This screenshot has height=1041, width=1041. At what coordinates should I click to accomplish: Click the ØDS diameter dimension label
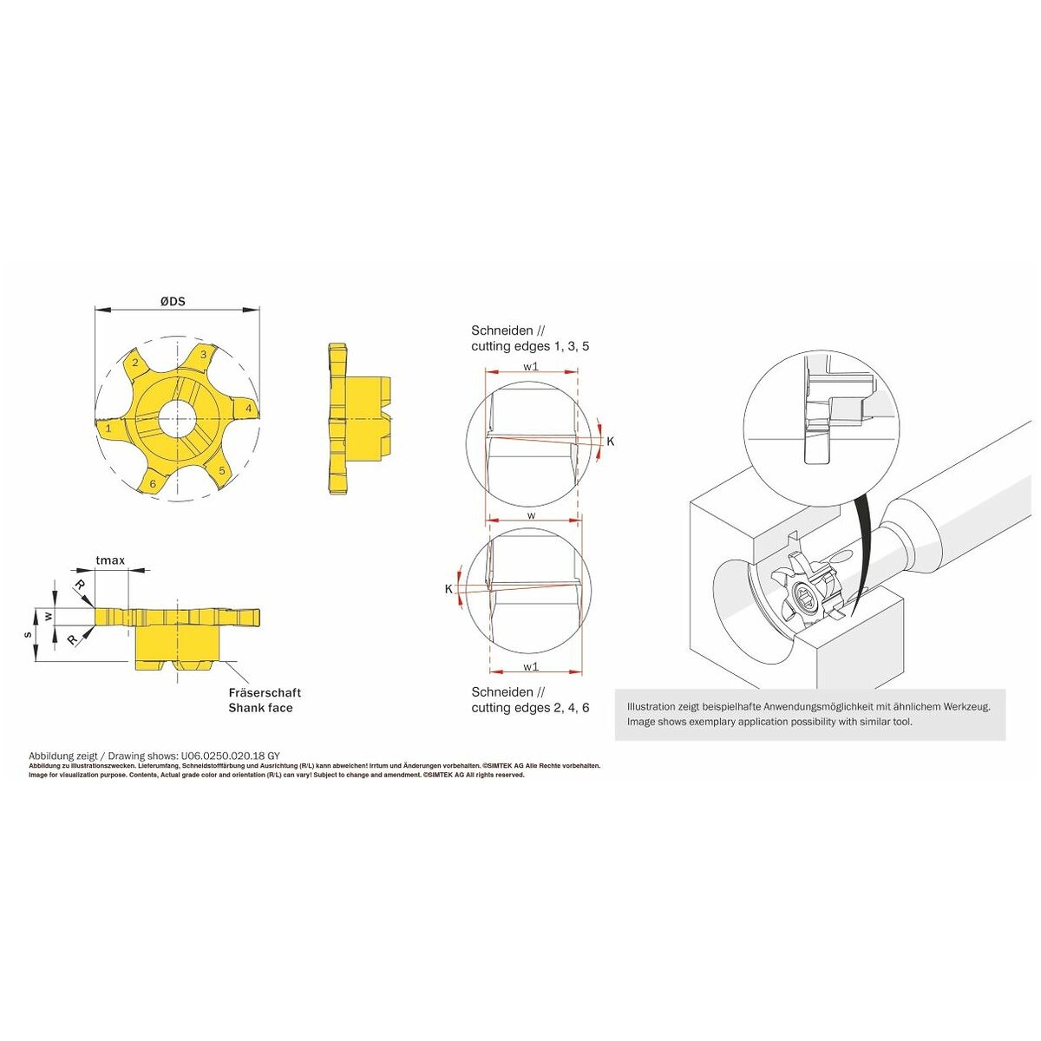pyautogui.click(x=173, y=301)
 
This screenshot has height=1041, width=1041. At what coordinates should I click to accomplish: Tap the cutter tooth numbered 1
pyautogui.click(x=108, y=429)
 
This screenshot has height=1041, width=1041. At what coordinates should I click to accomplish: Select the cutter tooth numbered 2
pyautogui.click(x=135, y=362)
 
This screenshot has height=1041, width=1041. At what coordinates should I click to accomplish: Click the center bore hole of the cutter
pyautogui.click(x=178, y=419)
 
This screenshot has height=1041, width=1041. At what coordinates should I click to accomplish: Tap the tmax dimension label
pyautogui.click(x=110, y=560)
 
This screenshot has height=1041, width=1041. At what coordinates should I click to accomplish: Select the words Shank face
pyautogui.click(x=260, y=708)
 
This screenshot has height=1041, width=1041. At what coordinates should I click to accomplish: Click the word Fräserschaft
pyautogui.click(x=265, y=692)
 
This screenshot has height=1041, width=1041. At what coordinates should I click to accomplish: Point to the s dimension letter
pyautogui.click(x=28, y=635)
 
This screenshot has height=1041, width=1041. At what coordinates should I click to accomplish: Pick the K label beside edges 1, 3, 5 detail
pyautogui.click(x=611, y=442)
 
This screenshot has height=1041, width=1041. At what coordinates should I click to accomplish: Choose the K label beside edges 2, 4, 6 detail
pyautogui.click(x=448, y=589)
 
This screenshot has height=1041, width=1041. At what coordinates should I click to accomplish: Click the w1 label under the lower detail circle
pyautogui.click(x=531, y=666)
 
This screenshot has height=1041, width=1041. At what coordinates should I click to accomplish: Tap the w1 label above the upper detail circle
pyautogui.click(x=531, y=366)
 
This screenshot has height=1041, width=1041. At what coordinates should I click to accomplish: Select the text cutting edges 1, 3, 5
pyautogui.click(x=530, y=346)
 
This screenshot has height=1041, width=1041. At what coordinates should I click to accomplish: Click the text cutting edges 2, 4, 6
pyautogui.click(x=530, y=708)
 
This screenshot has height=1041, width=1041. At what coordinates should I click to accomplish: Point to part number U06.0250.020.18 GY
pyautogui.click(x=226, y=756)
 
